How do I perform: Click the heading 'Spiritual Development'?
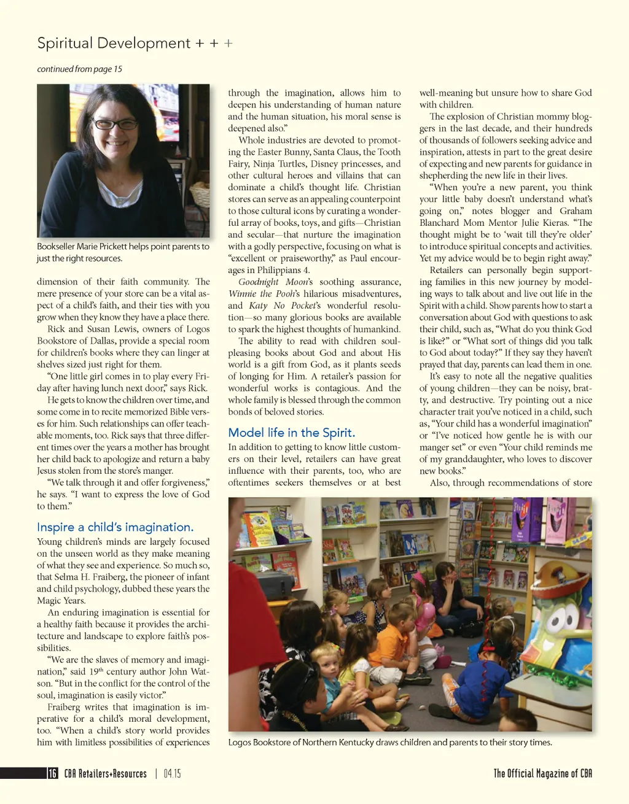click(x=114, y=44)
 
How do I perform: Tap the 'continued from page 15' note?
click(x=79, y=69)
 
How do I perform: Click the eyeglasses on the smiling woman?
click(x=115, y=125)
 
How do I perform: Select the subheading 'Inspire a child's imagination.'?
click(x=115, y=527)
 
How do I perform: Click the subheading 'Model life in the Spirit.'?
click(x=291, y=433)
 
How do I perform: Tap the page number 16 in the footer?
click(x=53, y=773)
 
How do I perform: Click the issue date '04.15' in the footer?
click(x=172, y=773)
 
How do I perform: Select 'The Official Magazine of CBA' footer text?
click(x=542, y=773)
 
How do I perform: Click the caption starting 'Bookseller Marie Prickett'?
click(x=123, y=252)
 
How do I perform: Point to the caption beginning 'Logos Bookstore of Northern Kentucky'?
click(x=389, y=742)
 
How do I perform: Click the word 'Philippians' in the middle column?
click(x=277, y=270)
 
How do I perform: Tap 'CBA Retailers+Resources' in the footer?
click(x=105, y=773)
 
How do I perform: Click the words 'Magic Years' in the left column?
click(x=60, y=601)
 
